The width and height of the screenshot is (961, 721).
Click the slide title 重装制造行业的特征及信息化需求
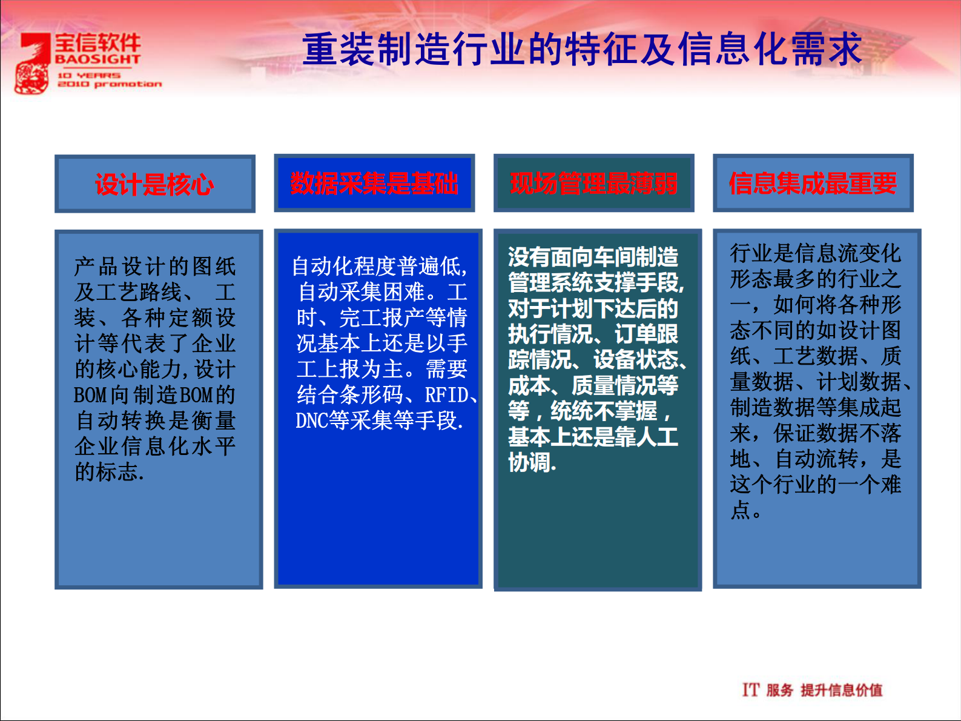(x=581, y=50)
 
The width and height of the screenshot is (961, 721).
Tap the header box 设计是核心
(x=155, y=184)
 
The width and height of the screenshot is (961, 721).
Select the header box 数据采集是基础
(x=374, y=183)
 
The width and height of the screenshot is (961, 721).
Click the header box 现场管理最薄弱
(x=593, y=183)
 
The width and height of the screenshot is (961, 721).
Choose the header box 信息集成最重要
(x=813, y=183)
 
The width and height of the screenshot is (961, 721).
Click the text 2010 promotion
(x=110, y=84)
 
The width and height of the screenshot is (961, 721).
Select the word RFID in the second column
(x=447, y=395)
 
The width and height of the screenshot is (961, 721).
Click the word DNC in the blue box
(x=311, y=420)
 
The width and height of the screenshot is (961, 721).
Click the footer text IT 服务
(x=767, y=689)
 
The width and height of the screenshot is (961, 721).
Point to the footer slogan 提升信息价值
(x=841, y=689)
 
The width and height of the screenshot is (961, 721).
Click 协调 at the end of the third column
(x=530, y=462)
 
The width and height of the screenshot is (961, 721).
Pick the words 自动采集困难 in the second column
(x=362, y=292)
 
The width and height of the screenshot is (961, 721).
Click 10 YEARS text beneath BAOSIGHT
(x=89, y=76)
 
